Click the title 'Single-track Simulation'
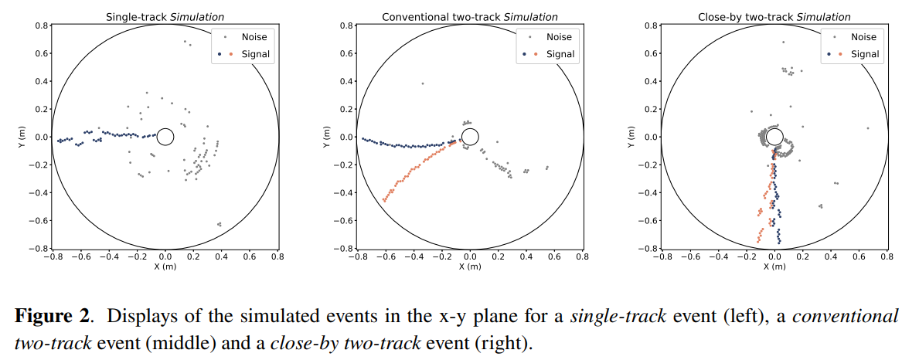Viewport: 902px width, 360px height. click(165, 17)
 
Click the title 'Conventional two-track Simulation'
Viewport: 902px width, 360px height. click(469, 17)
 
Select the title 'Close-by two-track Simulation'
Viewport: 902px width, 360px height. click(774, 17)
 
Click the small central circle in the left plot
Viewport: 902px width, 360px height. click(165, 138)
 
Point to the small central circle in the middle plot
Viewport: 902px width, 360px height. click(470, 138)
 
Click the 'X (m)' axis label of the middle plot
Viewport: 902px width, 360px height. click(469, 267)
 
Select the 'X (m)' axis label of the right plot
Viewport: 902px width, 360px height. click(774, 267)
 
